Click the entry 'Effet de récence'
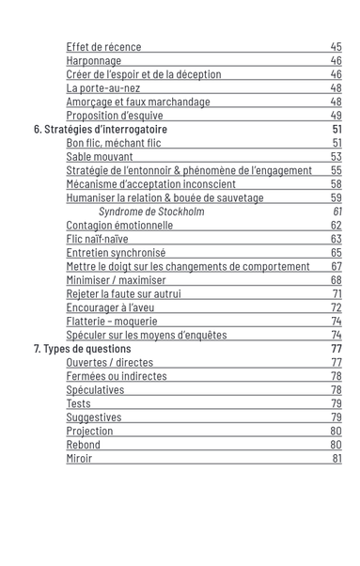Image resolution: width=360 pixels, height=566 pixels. coord(103,47)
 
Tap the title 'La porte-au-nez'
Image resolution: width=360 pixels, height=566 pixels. coord(102,88)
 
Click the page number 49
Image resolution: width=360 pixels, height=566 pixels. coord(336,116)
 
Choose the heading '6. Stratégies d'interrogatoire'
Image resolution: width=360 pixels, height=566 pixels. coord(94,130)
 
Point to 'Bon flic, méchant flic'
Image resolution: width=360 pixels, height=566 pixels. coord(114,143)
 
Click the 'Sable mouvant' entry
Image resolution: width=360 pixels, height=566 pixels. coord(100,157)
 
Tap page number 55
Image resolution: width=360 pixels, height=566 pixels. coord(336,171)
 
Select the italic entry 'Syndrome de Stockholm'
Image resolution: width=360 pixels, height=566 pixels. coord(151,212)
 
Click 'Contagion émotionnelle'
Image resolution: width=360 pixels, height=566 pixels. coord(119,226)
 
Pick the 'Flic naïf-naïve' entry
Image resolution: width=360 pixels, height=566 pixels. coord(97,240)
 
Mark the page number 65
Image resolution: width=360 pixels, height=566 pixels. coord(336,253)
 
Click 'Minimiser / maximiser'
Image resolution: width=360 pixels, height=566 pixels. coord(116,280)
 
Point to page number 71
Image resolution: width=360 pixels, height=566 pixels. coord(336,294)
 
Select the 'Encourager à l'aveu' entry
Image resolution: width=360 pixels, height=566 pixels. coord(110,307)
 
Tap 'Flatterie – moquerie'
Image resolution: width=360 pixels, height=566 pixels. coord(112,322)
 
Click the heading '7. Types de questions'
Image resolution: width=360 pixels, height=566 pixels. coord(83,349)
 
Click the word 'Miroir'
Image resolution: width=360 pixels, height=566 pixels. coord(79,459)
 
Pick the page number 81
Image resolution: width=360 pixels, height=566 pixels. coord(336,459)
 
